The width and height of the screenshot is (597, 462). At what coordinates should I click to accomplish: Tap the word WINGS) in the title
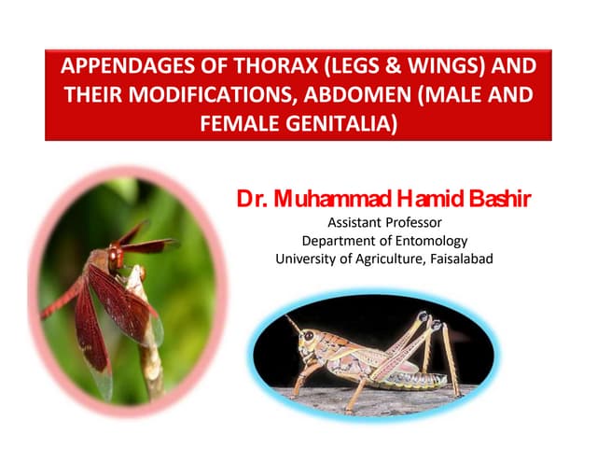click(x=433, y=70)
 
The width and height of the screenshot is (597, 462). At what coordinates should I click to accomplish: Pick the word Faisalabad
click(x=458, y=259)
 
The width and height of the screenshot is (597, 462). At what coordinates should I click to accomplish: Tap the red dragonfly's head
click(x=115, y=254)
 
